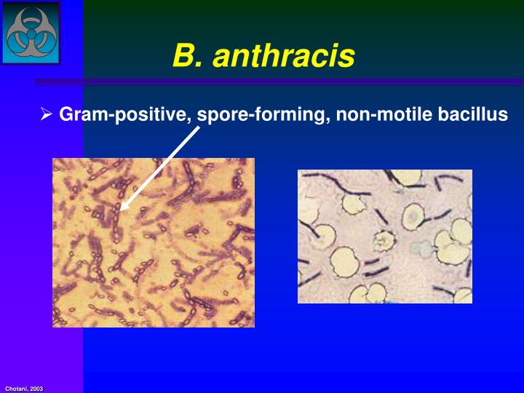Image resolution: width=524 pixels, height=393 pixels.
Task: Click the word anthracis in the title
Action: tap(284, 55)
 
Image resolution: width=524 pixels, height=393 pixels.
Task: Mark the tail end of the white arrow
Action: tap(198, 130)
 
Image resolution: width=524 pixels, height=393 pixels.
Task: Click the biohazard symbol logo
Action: tap(31, 32)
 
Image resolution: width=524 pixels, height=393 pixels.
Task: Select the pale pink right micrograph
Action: tap(384, 236)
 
